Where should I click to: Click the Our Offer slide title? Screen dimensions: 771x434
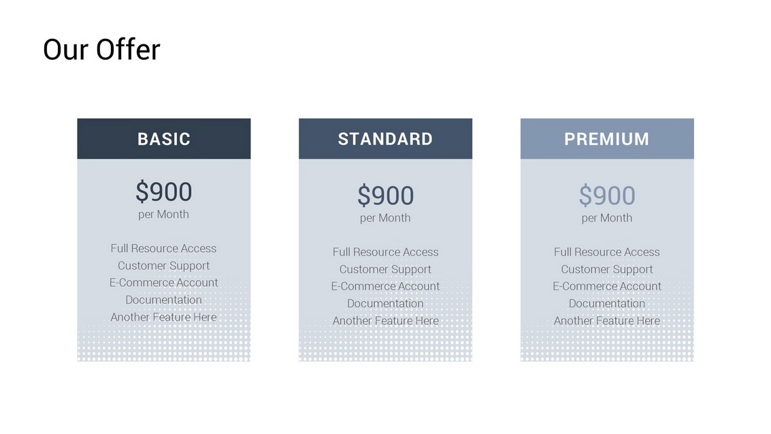tap(102, 50)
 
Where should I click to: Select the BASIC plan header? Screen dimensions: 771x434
tap(164, 139)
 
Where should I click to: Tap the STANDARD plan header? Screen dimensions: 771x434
tap(385, 139)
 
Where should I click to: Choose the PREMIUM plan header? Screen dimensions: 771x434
tap(607, 139)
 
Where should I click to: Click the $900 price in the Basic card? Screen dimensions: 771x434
tap(164, 191)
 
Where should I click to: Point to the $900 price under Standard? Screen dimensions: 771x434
tap(385, 196)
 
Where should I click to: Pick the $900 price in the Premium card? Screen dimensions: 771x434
tap(607, 196)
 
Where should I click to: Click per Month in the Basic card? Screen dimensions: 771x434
tap(164, 215)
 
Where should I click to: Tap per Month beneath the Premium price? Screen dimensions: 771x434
tap(607, 218)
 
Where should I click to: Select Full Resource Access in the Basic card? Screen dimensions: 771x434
tap(164, 249)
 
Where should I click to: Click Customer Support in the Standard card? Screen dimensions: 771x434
tap(385, 270)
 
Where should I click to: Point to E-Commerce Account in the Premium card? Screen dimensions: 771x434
tap(607, 286)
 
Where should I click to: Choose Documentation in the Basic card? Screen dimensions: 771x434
tap(164, 300)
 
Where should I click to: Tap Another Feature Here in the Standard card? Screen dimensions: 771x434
tap(385, 321)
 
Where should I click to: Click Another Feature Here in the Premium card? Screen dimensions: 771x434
tap(607, 321)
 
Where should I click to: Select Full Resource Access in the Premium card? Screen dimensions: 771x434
tap(607, 252)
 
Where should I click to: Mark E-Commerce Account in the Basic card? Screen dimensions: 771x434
tap(164, 283)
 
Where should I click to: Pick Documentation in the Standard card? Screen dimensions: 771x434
tap(385, 304)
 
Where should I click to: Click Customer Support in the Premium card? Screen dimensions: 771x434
tap(607, 270)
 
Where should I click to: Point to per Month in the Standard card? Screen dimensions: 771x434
tap(385, 218)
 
